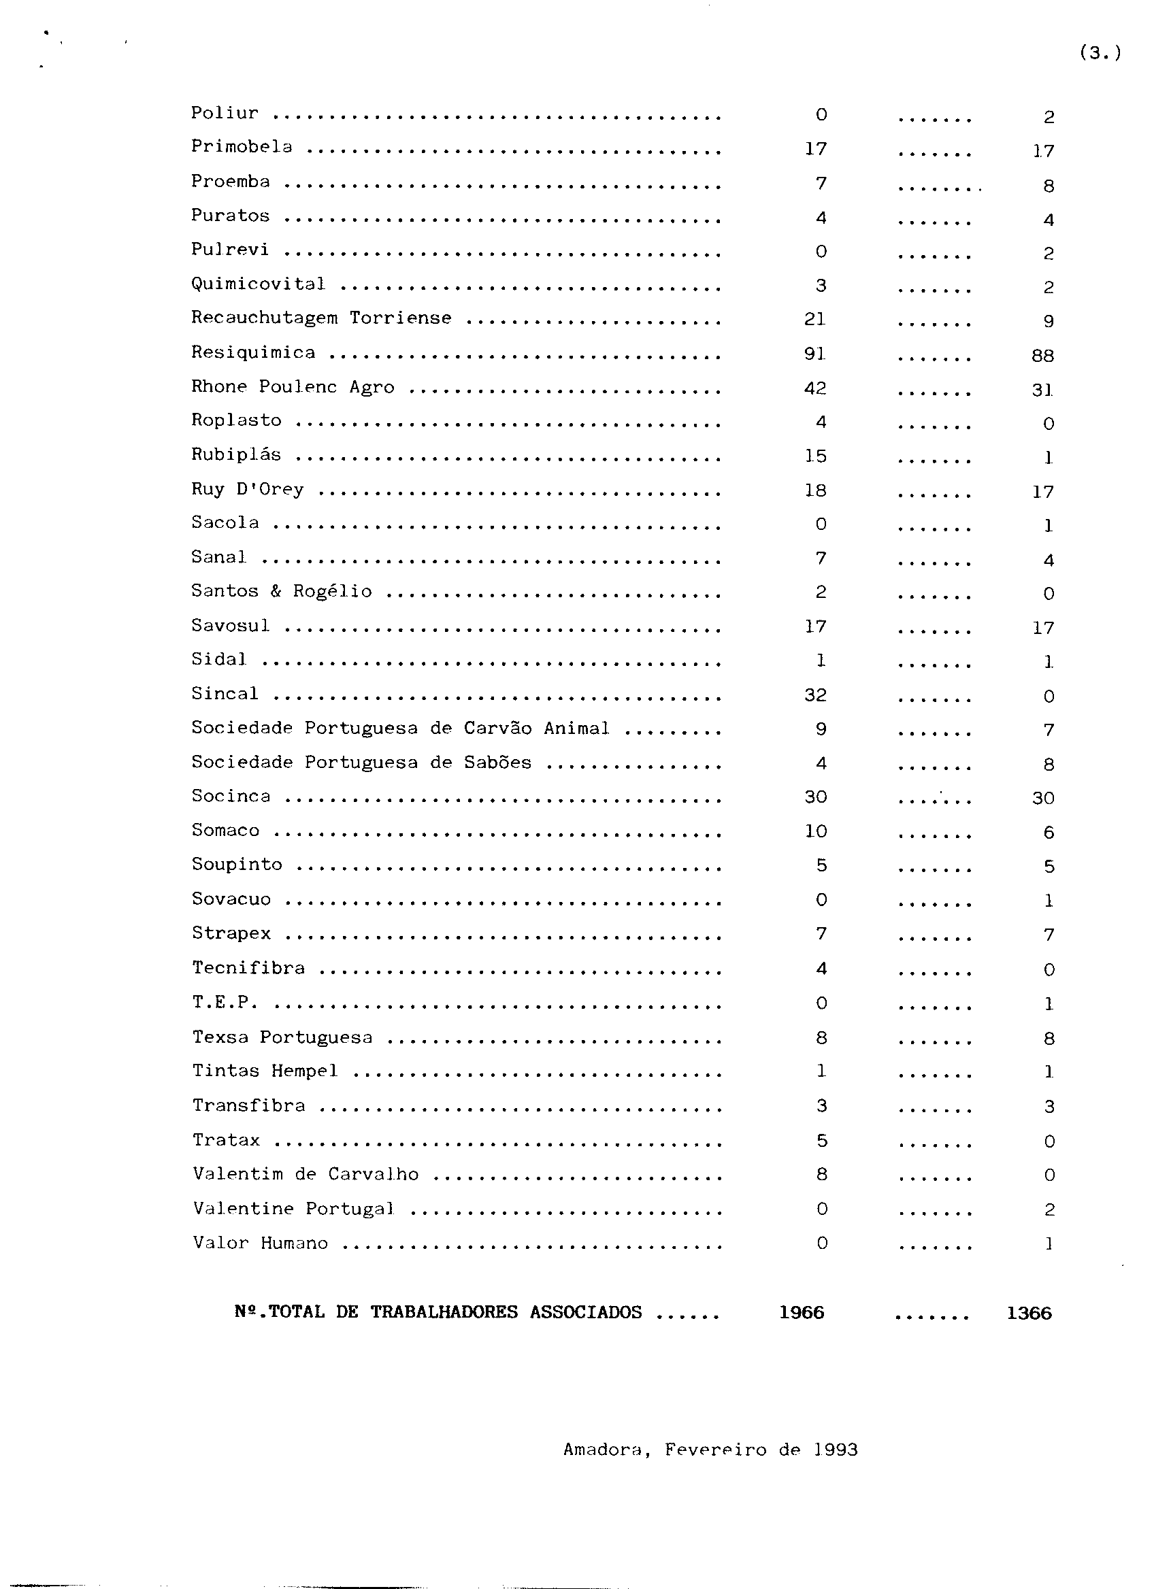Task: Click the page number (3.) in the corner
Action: [1100, 53]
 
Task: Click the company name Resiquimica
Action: [253, 352]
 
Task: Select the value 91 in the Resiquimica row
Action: [815, 354]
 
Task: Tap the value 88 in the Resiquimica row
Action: [1042, 356]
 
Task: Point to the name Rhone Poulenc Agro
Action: [292, 387]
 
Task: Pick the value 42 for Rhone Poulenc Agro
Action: [815, 388]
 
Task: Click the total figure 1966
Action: [802, 1312]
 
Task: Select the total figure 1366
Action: [1029, 1313]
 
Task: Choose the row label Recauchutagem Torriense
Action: [321, 318]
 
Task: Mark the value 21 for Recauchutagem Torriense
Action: [815, 320]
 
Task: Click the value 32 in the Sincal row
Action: [815, 695]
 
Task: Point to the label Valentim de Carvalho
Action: [306, 1174]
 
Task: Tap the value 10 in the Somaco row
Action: [815, 832]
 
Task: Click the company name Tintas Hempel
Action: [265, 1071]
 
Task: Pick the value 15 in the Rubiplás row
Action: [815, 456]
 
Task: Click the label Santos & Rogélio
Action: [281, 591]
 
